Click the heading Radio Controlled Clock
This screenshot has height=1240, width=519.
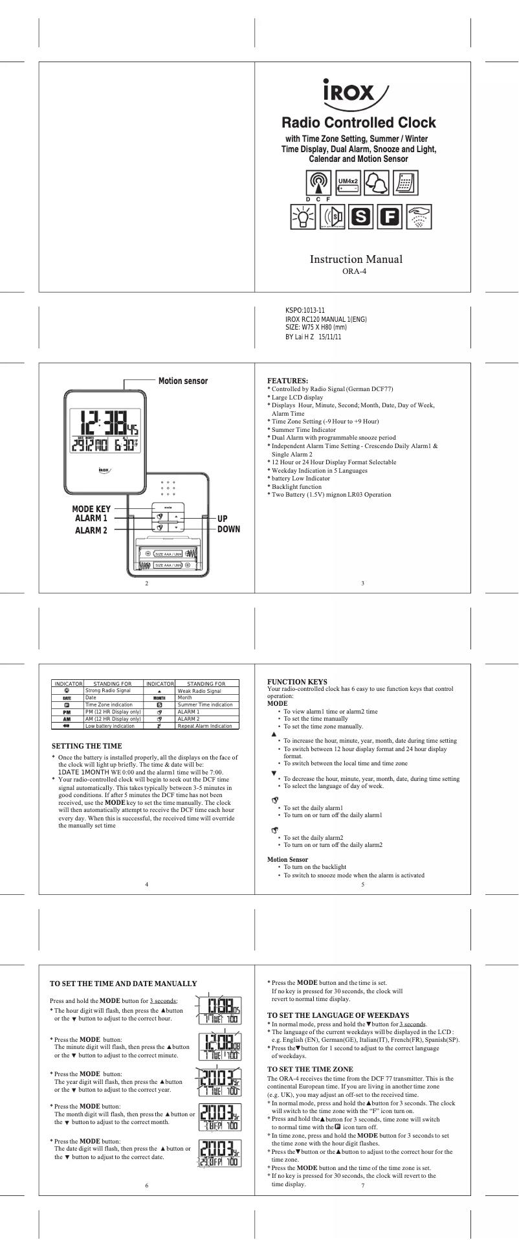[x=359, y=123]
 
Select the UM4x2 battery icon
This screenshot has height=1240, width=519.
[x=348, y=183]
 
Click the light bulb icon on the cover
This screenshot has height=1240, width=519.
[x=302, y=217]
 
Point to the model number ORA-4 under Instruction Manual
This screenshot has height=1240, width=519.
[x=355, y=271]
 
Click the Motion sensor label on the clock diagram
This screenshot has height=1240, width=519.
[x=183, y=381]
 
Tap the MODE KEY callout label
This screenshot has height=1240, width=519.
[x=91, y=509]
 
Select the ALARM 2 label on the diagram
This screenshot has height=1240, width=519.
[x=91, y=530]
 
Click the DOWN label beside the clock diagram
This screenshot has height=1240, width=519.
[x=228, y=529]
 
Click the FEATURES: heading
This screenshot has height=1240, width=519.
[x=287, y=381]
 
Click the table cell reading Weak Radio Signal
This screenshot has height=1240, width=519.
[x=199, y=691]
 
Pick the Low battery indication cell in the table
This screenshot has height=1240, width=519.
[x=110, y=726]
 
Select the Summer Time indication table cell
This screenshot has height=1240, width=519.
[x=205, y=705]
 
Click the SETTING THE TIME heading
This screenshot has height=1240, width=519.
[x=87, y=746]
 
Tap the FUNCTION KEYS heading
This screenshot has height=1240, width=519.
[x=297, y=682]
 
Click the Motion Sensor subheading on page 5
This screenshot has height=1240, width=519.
[x=287, y=860]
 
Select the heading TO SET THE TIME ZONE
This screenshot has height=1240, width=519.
[x=310, y=1069]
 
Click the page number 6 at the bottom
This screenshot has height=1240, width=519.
[x=147, y=1185]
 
